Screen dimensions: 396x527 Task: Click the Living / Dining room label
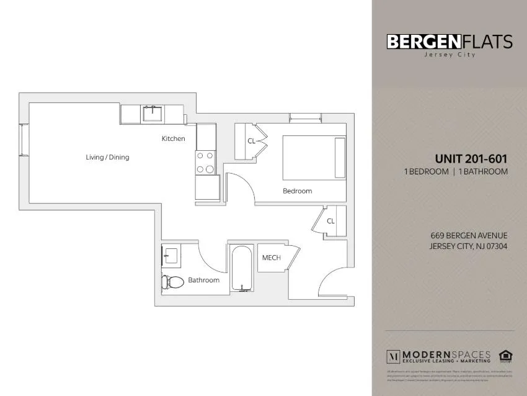(x=107, y=157)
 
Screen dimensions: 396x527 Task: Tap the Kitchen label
(x=173, y=138)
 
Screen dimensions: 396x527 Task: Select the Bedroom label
(x=297, y=191)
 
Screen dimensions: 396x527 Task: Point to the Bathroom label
(x=203, y=280)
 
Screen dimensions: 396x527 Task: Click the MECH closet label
(x=271, y=258)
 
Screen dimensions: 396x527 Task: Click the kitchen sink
(x=152, y=114)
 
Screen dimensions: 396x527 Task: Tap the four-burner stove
(x=205, y=163)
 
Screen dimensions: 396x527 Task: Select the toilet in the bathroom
(x=173, y=282)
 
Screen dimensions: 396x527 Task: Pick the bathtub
(x=242, y=268)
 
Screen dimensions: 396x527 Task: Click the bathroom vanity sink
(x=170, y=255)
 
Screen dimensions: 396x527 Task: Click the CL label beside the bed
(x=251, y=141)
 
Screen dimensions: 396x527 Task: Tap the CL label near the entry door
(x=330, y=221)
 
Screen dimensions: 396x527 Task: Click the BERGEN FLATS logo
(x=449, y=42)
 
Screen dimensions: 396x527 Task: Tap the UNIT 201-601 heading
(x=471, y=159)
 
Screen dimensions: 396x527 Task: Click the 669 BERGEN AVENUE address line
(x=469, y=235)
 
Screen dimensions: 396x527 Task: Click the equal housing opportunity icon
(x=506, y=356)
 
